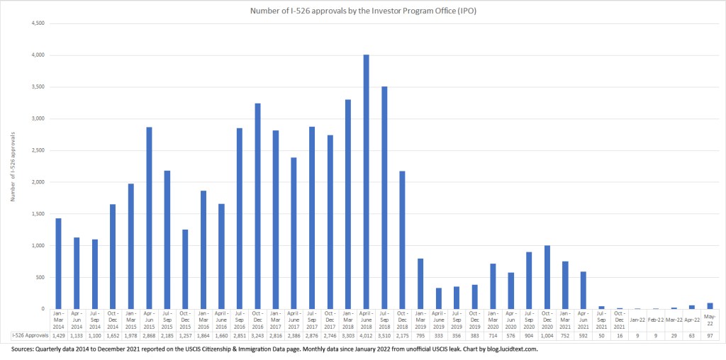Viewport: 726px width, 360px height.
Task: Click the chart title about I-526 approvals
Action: [x=363, y=11]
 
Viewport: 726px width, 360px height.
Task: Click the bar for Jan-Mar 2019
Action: [x=420, y=283]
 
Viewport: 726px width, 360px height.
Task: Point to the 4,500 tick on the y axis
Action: [x=36, y=23]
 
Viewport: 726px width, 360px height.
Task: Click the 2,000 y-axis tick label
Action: [x=36, y=182]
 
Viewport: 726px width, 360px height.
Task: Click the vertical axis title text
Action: [x=13, y=167]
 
